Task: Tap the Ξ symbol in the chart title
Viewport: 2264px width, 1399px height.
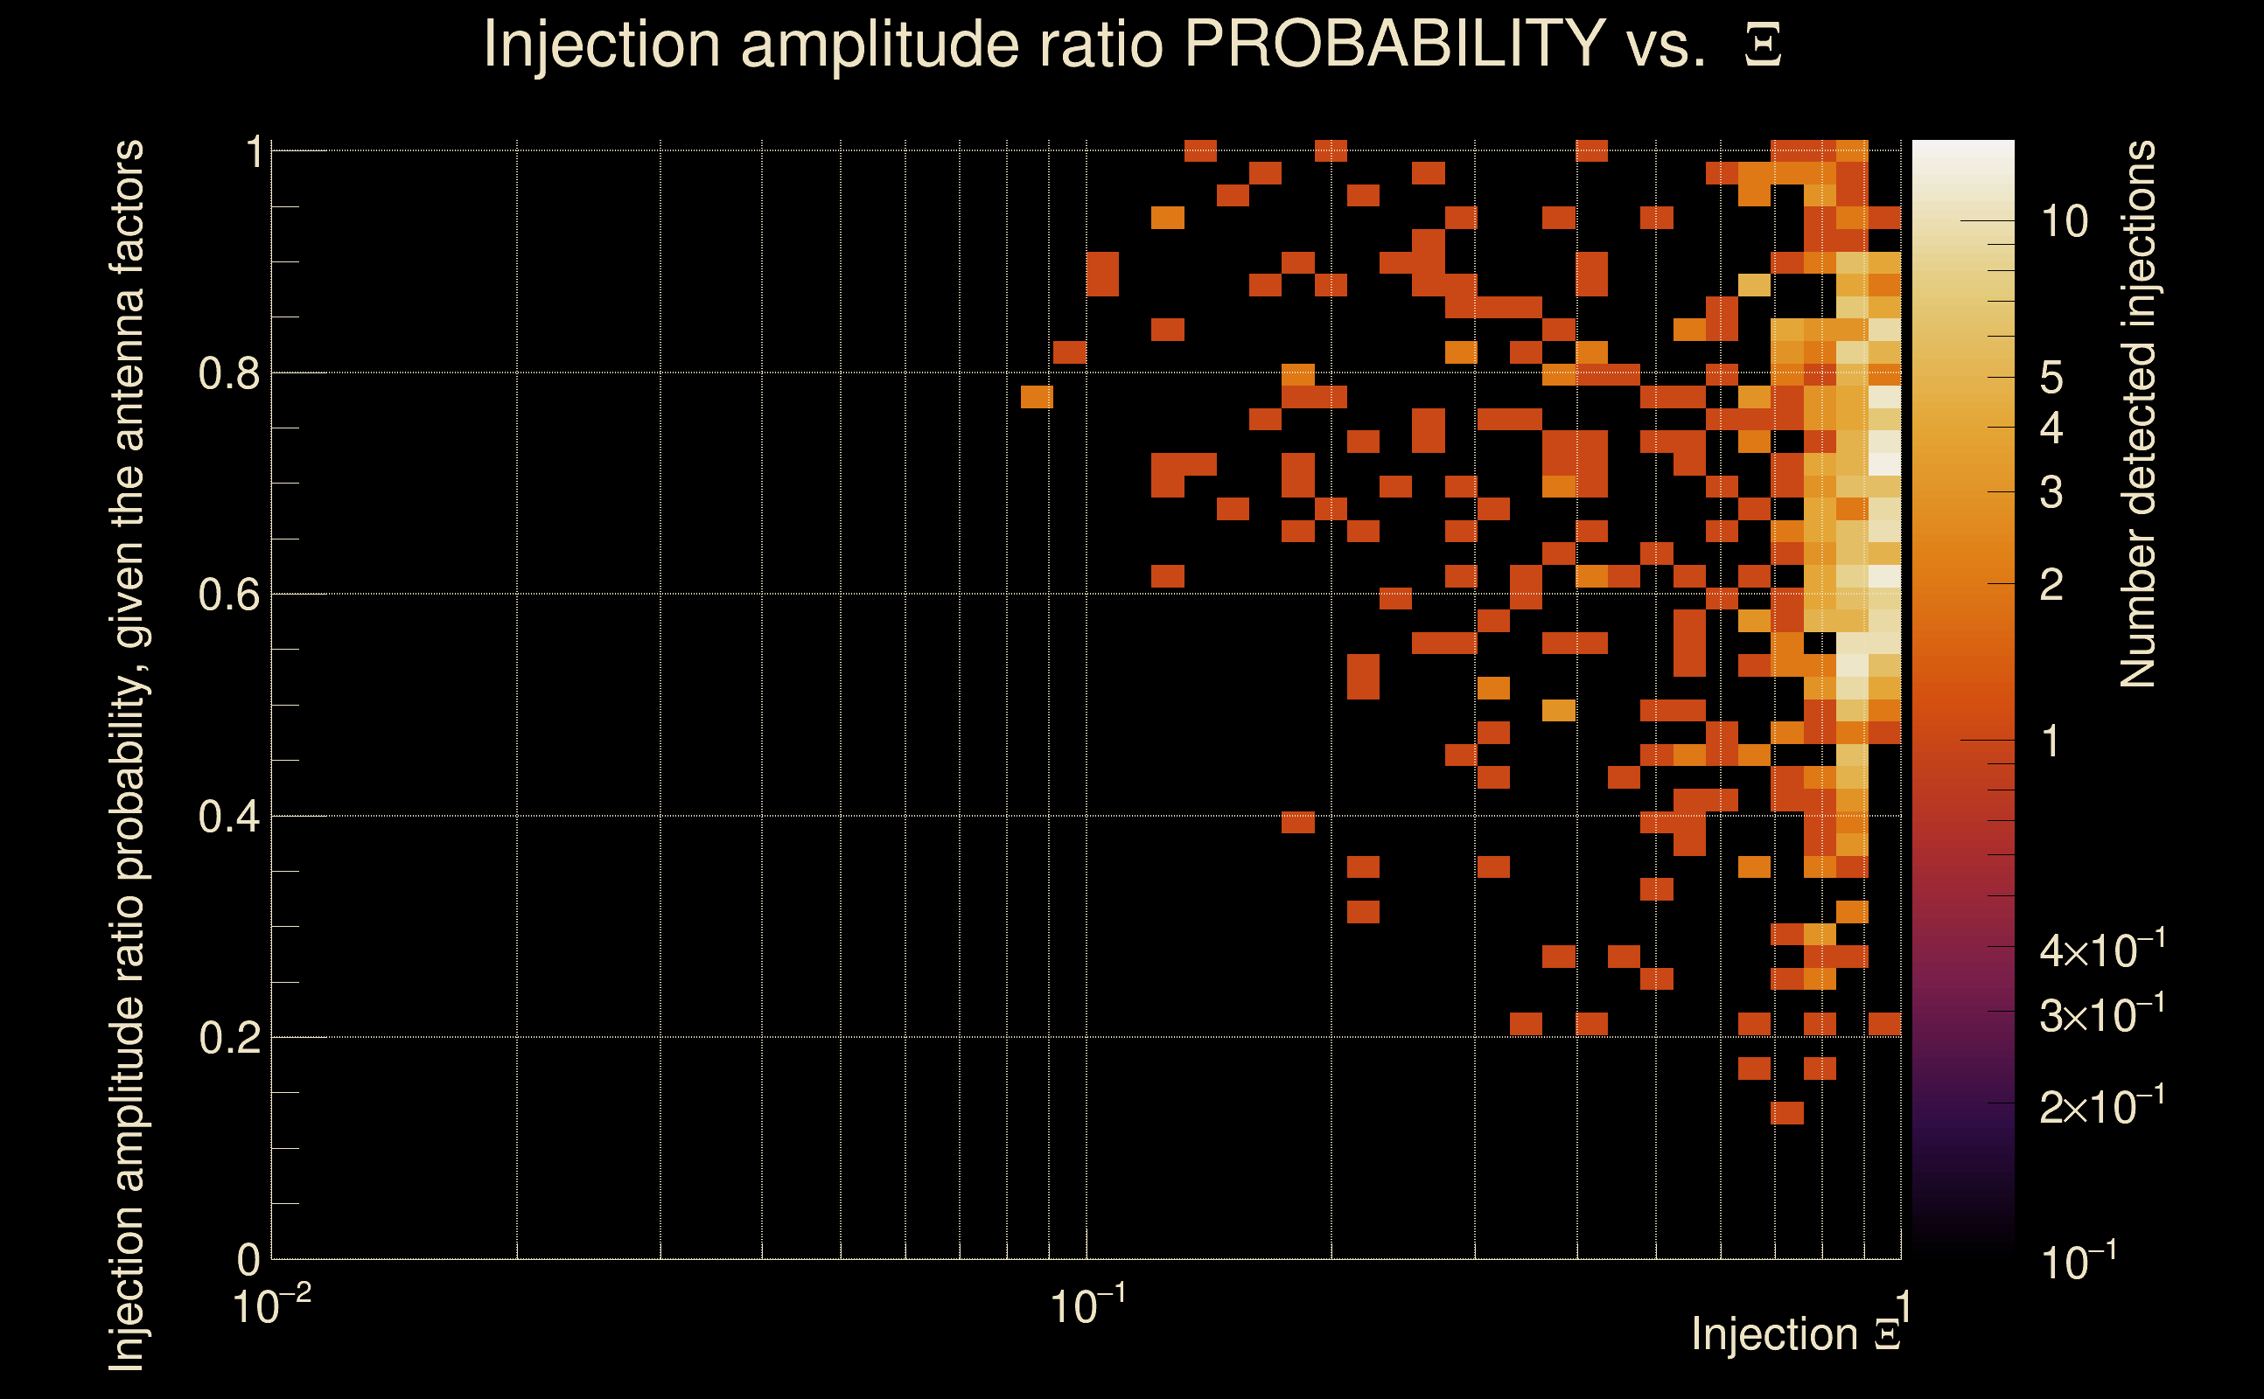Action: (1763, 45)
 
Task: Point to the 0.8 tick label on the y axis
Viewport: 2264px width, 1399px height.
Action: (228, 374)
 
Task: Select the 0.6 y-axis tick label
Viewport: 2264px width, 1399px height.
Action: (228, 595)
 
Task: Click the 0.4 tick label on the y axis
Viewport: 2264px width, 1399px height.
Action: (228, 817)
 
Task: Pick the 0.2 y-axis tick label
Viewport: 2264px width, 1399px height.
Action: (228, 1038)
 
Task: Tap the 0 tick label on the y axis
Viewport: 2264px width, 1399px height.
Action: (248, 1260)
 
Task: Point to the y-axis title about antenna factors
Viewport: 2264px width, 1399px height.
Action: (127, 755)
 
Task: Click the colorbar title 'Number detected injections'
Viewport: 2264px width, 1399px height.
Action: (2138, 414)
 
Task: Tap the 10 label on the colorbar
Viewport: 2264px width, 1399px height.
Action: (2064, 222)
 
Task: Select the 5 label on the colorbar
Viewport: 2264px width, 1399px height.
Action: (2051, 378)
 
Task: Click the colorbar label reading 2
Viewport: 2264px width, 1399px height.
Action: (2051, 585)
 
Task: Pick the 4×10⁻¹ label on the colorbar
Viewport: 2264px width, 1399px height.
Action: (2101, 950)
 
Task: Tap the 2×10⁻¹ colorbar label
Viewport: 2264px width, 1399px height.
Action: (2101, 1106)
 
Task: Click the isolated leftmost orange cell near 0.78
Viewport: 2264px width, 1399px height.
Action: (1037, 397)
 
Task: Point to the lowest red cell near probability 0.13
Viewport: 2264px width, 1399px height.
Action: (1786, 1113)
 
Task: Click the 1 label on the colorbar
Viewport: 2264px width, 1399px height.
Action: (2051, 741)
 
